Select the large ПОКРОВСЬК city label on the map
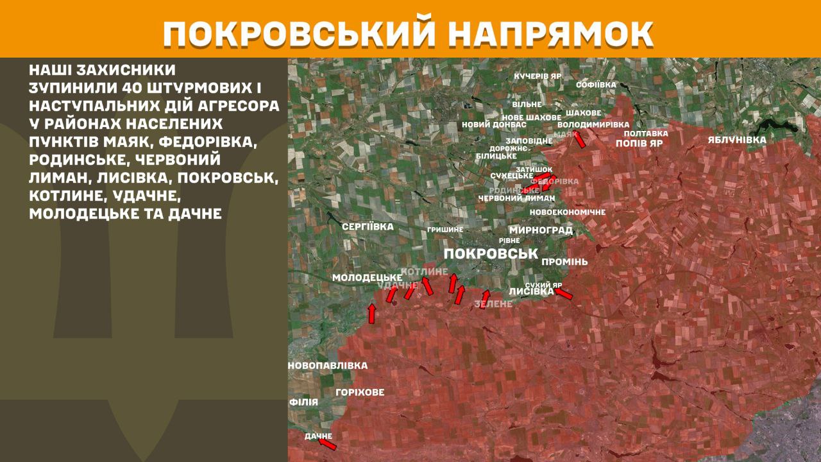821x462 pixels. pyautogui.click(x=491, y=253)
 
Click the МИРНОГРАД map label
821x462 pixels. pyautogui.click(x=541, y=230)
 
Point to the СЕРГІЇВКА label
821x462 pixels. pyautogui.click(x=368, y=227)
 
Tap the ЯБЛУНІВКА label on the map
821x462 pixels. pyautogui.click(x=737, y=139)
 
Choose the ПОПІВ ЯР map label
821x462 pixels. pyautogui.click(x=639, y=144)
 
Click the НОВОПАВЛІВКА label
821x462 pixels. pyautogui.click(x=328, y=366)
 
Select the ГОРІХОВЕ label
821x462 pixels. pyautogui.click(x=360, y=392)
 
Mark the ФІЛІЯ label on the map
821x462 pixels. pyautogui.click(x=303, y=402)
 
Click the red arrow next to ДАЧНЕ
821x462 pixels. pyautogui.click(x=327, y=443)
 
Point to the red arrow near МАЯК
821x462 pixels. pyautogui.click(x=579, y=139)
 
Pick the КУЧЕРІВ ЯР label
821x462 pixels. pyautogui.click(x=537, y=76)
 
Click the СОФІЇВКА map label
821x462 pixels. pyautogui.click(x=596, y=85)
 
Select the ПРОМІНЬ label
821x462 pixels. pyautogui.click(x=564, y=262)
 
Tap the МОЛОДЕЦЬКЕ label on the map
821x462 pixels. pyautogui.click(x=367, y=277)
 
